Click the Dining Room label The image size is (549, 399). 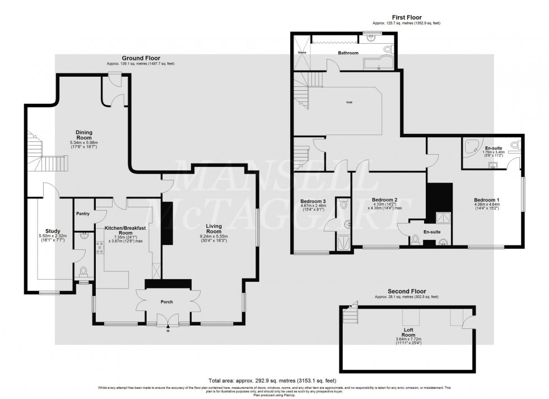tap(84, 134)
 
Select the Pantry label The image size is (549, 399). tap(83, 214)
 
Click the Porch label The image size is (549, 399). tap(166, 302)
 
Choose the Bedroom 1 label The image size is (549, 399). tap(486, 200)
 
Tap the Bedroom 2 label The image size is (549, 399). tap(384, 200)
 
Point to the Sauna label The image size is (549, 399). tap(301, 50)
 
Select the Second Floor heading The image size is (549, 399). tap(407, 292)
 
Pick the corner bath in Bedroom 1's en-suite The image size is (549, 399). tap(471, 147)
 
